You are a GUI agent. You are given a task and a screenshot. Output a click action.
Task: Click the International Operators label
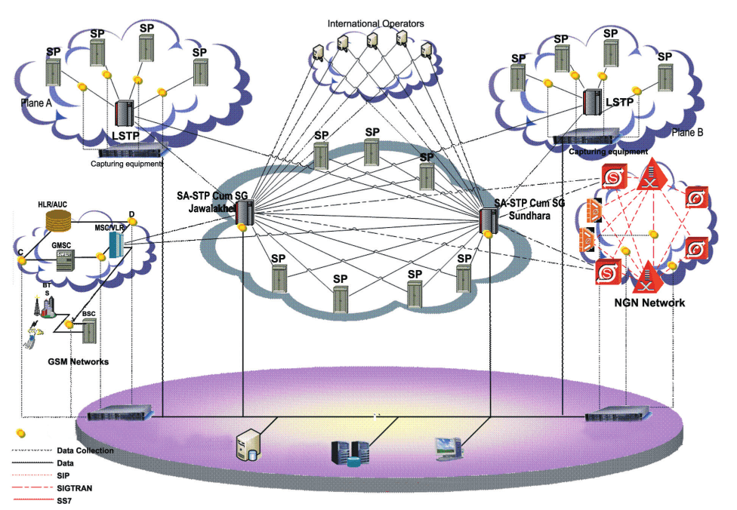click(375, 23)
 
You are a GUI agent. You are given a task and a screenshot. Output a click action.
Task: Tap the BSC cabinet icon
click(89, 330)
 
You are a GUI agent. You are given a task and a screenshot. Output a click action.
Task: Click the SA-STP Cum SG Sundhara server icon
click(487, 218)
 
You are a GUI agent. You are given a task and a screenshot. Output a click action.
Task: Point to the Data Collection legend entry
click(85, 450)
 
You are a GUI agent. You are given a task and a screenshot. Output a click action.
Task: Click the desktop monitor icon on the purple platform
click(446, 447)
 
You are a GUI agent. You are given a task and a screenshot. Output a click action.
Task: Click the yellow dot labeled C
click(23, 260)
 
